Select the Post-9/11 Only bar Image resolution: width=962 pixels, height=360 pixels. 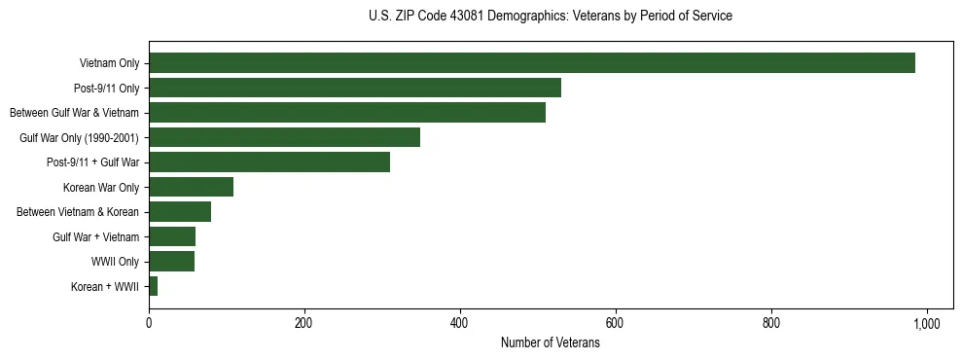355,88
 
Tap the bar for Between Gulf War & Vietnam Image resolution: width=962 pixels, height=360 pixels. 347,113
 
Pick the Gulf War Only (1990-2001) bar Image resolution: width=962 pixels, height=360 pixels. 284,137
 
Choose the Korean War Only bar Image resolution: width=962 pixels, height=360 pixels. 191,187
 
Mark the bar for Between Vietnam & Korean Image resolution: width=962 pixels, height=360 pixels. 180,211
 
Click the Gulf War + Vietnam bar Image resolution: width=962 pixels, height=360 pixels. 172,236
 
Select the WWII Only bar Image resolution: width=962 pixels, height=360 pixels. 171,261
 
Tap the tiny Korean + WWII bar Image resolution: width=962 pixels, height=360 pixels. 153,286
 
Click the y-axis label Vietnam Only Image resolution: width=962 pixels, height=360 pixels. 109,63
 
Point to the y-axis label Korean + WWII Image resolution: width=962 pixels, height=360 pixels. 105,286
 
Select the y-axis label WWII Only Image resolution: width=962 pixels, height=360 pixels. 116,261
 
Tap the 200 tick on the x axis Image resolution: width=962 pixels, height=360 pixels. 304,322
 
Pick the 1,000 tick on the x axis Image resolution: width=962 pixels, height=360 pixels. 926,322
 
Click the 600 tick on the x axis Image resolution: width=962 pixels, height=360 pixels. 616,322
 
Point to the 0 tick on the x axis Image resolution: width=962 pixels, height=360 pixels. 149,322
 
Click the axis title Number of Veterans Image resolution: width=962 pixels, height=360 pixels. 550,343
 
